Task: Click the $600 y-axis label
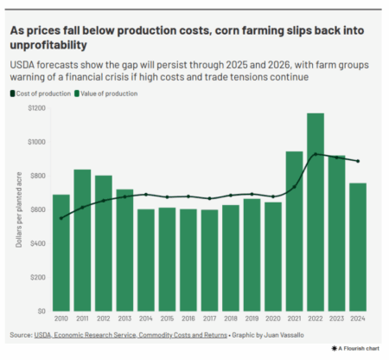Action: click(37, 209)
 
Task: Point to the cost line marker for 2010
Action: click(61, 218)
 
